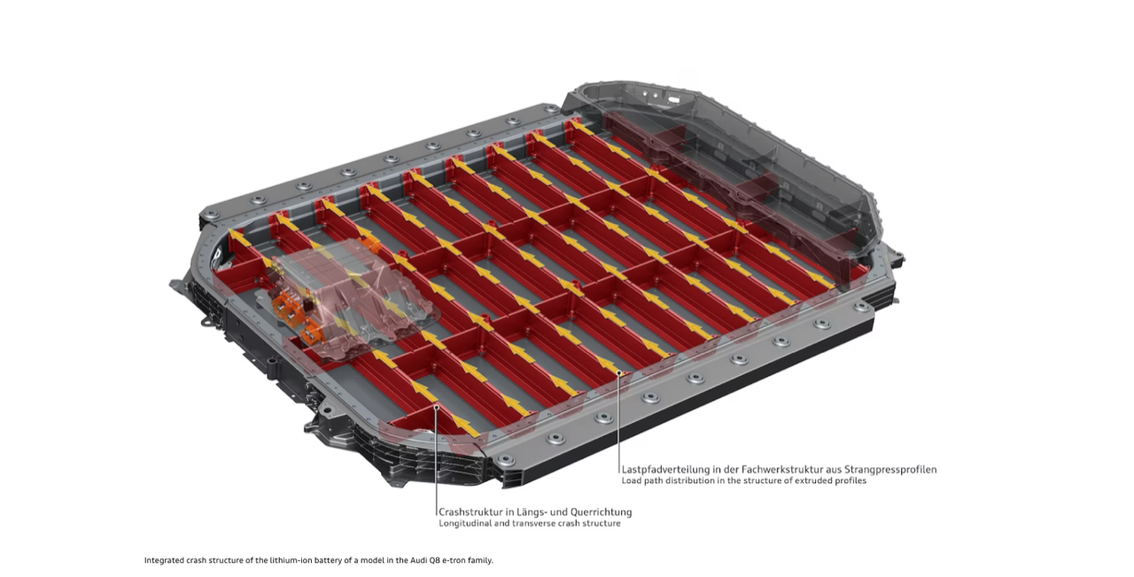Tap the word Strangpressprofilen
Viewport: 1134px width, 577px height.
pos(896,470)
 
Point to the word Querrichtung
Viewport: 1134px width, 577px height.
pos(606,512)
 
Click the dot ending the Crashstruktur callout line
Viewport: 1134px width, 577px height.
pos(437,406)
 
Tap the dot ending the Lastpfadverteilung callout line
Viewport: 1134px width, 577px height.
pos(618,373)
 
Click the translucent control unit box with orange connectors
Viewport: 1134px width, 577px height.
pos(349,299)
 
